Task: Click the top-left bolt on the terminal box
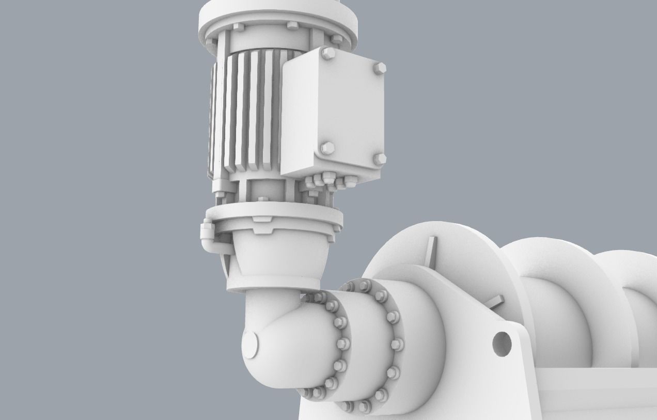pos(327,54)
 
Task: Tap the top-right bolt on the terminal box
pos(379,69)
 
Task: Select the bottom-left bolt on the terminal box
pos(327,149)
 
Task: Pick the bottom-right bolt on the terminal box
pos(379,159)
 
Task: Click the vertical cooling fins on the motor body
pos(248,114)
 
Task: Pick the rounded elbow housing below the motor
pos(279,341)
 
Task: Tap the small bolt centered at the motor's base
pos(263,198)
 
